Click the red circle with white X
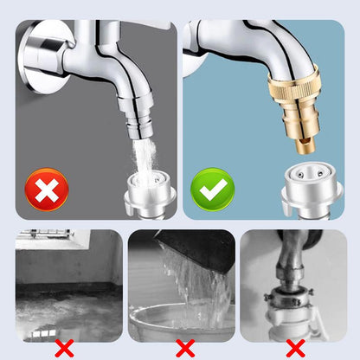[47, 189]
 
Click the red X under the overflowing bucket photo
[183, 348]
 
